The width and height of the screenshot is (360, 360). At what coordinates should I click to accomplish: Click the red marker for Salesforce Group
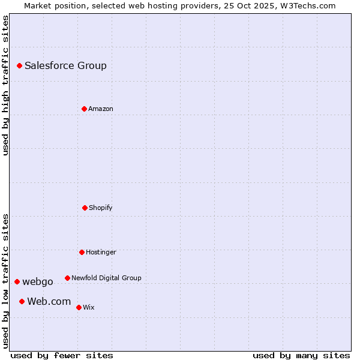[19, 65]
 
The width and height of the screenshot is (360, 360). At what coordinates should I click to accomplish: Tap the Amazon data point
[84, 109]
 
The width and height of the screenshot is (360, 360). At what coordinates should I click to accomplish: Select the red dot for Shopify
[85, 208]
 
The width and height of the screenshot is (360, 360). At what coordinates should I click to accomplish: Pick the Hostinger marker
[82, 252]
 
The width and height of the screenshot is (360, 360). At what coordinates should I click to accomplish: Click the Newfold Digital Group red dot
[67, 278]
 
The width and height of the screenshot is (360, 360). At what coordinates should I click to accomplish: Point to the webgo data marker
[17, 281]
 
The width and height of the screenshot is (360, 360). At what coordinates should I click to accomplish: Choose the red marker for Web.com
[22, 301]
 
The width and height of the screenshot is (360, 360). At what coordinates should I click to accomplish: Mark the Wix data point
[79, 307]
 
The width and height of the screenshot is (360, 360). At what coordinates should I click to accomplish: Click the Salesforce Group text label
[65, 65]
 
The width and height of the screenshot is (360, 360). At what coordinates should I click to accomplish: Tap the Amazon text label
[101, 109]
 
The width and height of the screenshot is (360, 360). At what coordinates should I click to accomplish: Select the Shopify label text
[101, 208]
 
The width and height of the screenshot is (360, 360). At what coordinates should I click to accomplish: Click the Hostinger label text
[101, 252]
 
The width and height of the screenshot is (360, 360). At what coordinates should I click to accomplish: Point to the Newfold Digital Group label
[106, 278]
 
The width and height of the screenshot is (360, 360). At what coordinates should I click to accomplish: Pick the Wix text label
[89, 307]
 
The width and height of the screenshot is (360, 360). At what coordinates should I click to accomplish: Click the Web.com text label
[49, 301]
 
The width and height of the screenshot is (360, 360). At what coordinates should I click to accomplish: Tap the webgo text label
[38, 281]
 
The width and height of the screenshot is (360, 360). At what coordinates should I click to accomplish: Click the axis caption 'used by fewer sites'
[62, 355]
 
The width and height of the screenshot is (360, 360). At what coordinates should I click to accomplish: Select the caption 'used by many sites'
[301, 355]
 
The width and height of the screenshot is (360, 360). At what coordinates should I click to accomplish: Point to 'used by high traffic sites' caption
[5, 85]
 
